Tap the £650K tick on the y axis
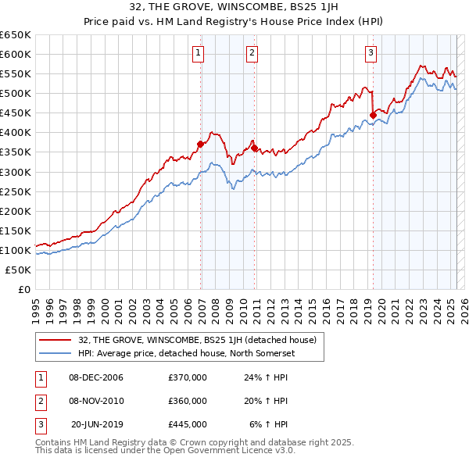click(x=16, y=35)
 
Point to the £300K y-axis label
click(x=16, y=172)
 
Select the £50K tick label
click(x=19, y=270)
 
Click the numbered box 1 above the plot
click(x=199, y=53)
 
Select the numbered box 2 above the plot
click(x=252, y=53)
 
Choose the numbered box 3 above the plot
click(x=370, y=53)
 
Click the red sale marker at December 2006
click(x=201, y=144)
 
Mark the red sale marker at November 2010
click(x=254, y=148)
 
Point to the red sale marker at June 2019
click(x=373, y=115)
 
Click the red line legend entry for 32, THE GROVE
click(x=197, y=340)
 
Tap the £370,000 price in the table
click(x=188, y=377)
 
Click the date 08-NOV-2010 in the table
click(x=96, y=401)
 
